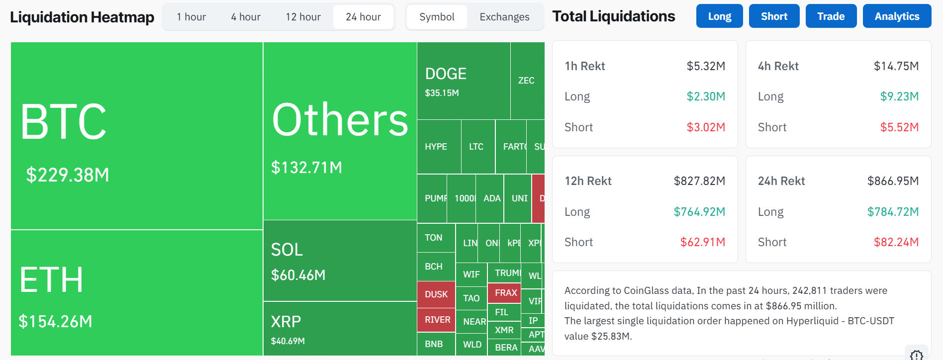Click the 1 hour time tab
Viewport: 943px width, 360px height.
pyautogui.click(x=191, y=17)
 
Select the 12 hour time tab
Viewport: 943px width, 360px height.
pyautogui.click(x=303, y=17)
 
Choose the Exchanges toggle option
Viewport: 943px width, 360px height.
pyautogui.click(x=504, y=17)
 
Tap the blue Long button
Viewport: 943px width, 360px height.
pyautogui.click(x=719, y=16)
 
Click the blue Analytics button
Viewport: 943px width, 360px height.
pyautogui.click(x=897, y=16)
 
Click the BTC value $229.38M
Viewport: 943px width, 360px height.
pyautogui.click(x=68, y=175)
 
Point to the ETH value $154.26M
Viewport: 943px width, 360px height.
pyautogui.click(x=55, y=321)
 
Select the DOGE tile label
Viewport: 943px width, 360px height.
pyautogui.click(x=446, y=74)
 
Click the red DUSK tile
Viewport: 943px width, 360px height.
pyautogui.click(x=436, y=294)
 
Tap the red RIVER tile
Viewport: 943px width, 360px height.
pyautogui.click(x=437, y=320)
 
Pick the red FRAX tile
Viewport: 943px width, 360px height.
pyautogui.click(x=506, y=293)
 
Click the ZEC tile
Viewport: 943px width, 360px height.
pyautogui.click(x=526, y=81)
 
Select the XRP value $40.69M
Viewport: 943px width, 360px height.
pyautogui.click(x=288, y=341)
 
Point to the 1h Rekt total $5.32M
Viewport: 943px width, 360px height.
pyautogui.click(x=706, y=66)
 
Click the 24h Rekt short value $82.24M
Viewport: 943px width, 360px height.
pyautogui.click(x=896, y=242)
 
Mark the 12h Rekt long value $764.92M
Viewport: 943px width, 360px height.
pyautogui.click(x=699, y=212)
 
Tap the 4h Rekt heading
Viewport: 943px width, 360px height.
pyautogui.click(x=778, y=66)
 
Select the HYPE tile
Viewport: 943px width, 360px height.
pyautogui.click(x=436, y=147)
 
